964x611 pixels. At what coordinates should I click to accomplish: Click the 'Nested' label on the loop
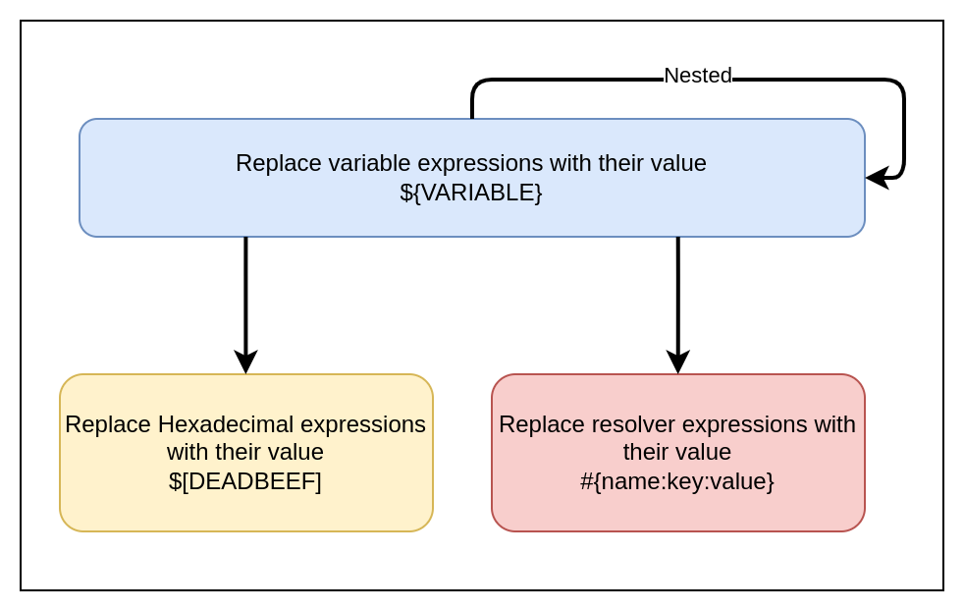pyautogui.click(x=697, y=76)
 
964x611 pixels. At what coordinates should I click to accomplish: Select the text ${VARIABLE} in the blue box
pyautogui.click(x=471, y=193)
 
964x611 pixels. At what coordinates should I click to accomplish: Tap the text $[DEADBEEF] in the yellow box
pyautogui.click(x=245, y=481)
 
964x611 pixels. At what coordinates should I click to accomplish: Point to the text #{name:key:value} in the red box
pyautogui.click(x=677, y=481)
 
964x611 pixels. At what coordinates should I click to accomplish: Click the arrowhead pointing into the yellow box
pyautogui.click(x=245, y=361)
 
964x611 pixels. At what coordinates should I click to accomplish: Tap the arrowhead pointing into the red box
pyautogui.click(x=678, y=361)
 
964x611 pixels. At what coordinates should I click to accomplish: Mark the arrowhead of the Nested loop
pyautogui.click(x=877, y=178)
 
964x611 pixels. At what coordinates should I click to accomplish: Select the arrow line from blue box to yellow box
pyautogui.click(x=245, y=295)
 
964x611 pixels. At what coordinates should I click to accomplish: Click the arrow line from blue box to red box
pyautogui.click(x=678, y=295)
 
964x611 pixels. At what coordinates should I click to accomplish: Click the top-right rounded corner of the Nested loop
pyautogui.click(x=898, y=85)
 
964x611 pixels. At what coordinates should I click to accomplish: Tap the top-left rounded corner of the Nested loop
pyautogui.click(x=477, y=85)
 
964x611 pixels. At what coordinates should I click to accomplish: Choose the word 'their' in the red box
pyautogui.click(x=648, y=452)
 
